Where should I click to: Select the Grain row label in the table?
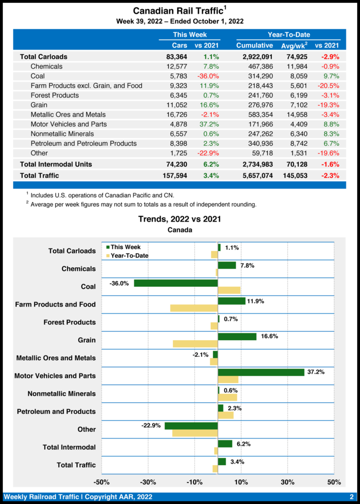pyautogui.click(x=39, y=105)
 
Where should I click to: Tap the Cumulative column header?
pyautogui.click(x=254, y=45)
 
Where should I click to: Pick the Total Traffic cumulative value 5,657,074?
pyautogui.click(x=254, y=175)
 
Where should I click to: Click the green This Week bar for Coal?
pyautogui.click(x=176, y=283)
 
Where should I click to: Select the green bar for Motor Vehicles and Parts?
pyautogui.click(x=261, y=372)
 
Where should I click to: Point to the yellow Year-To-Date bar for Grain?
pyautogui.click(x=196, y=344)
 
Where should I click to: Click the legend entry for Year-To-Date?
pyautogui.click(x=129, y=256)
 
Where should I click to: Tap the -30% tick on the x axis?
pyautogui.click(x=148, y=481)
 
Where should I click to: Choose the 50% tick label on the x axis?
pyautogui.click(x=333, y=481)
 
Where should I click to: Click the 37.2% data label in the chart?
pyautogui.click(x=316, y=372)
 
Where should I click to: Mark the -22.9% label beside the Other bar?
pyautogui.click(x=152, y=426)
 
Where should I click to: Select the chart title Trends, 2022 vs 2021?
pyautogui.click(x=179, y=219)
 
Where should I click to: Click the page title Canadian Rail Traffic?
pyautogui.click(x=177, y=11)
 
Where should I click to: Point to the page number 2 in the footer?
pyautogui.click(x=352, y=497)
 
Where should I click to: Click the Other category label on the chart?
pyautogui.click(x=87, y=429)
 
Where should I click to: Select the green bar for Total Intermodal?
pyautogui.click(x=225, y=444)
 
